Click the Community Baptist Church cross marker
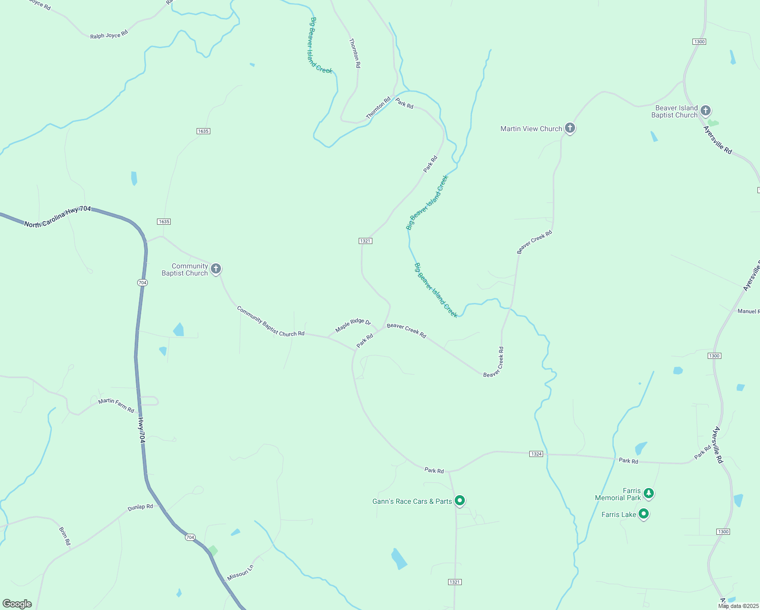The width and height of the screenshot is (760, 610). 216,268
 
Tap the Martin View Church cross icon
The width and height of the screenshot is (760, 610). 570,128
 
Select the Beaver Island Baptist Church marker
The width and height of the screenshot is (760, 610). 705,110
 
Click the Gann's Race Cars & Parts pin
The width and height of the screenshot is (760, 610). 460,501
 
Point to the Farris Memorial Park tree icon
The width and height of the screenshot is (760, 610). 648,493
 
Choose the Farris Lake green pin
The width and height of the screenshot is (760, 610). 644,514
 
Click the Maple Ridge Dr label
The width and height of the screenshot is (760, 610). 353,324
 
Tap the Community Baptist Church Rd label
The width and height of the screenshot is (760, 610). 270,321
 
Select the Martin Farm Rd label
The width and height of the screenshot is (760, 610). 116,405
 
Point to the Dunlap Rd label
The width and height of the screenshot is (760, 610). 140,507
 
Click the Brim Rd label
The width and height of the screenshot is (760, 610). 65,536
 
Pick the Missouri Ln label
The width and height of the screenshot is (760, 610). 240,573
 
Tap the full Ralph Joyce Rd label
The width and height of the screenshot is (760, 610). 109,35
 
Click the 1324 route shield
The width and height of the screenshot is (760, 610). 536,454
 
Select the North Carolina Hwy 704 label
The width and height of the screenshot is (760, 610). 57,216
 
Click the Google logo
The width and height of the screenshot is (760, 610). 17,604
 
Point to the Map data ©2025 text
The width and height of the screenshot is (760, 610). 738,606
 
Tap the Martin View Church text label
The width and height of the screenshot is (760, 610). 531,129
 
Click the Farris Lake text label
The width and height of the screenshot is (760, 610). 618,514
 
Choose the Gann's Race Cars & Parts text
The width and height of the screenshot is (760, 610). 412,501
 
